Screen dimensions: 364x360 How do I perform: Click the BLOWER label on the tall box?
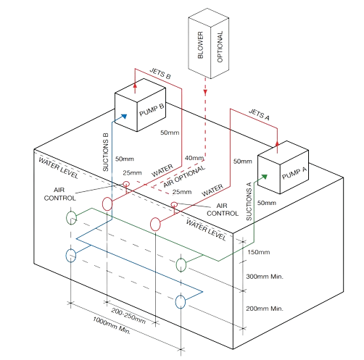click(200, 45)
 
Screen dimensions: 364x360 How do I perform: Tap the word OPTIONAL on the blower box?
click(220, 46)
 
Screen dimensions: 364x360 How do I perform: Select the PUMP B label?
click(152, 110)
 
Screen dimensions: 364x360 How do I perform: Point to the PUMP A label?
click(294, 173)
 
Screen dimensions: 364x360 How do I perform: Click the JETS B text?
click(160, 74)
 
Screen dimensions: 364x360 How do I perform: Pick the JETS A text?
click(259, 114)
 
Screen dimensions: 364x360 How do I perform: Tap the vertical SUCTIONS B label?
click(106, 152)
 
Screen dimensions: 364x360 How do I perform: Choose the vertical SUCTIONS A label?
click(249, 201)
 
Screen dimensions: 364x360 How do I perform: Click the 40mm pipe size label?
click(194, 158)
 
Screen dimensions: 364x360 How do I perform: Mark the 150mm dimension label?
click(259, 252)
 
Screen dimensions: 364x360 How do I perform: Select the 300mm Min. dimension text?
click(265, 277)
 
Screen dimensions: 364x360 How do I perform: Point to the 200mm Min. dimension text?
click(265, 309)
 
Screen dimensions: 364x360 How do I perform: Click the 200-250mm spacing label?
click(128, 316)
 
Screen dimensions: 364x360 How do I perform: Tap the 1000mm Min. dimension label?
click(112, 325)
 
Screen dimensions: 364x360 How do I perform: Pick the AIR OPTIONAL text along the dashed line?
click(184, 177)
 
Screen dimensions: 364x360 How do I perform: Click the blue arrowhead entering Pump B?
click(124, 117)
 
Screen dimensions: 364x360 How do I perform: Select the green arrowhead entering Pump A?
click(265, 177)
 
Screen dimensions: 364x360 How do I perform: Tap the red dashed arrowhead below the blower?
click(205, 93)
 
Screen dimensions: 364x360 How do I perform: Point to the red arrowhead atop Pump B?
click(135, 85)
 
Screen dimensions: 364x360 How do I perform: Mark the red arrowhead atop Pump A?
click(277, 143)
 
